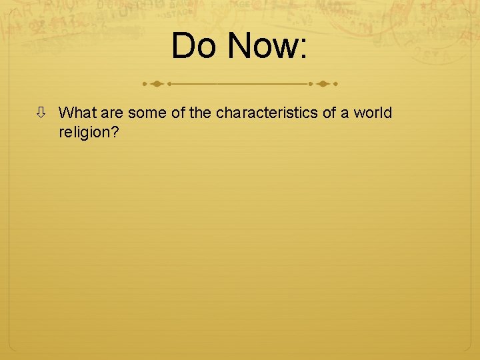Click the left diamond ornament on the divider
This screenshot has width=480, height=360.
(157, 85)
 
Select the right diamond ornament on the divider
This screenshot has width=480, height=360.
(323, 85)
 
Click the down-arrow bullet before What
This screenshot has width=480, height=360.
(41, 113)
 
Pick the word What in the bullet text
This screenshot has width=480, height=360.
(77, 113)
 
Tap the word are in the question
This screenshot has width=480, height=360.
(112, 113)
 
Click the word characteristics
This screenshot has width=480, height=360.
(267, 113)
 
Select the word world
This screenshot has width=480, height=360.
(373, 113)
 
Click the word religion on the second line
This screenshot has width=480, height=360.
(85, 132)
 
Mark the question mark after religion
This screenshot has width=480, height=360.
(115, 132)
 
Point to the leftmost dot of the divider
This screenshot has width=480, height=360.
(145, 85)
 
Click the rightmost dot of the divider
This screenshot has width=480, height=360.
(335, 85)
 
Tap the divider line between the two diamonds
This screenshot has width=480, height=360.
(240, 85)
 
